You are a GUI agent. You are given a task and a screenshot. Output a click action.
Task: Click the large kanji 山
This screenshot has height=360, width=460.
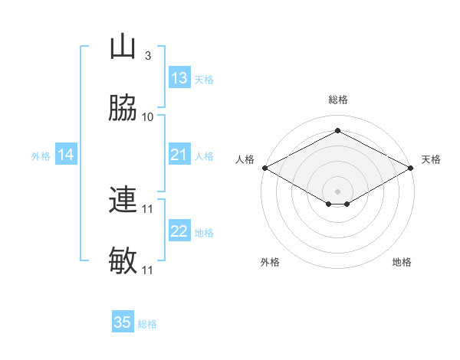pos(123,46)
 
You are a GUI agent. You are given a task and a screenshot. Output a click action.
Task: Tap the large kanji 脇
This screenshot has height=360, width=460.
pos(123,107)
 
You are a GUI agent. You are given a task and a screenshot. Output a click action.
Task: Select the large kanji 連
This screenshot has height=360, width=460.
pos(123,199)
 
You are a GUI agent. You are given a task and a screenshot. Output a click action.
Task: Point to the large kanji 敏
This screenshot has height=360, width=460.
pos(123,260)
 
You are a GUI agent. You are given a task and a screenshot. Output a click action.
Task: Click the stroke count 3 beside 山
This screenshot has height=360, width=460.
pos(148,56)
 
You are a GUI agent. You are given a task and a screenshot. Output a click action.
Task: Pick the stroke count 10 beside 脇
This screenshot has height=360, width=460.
pos(147,117)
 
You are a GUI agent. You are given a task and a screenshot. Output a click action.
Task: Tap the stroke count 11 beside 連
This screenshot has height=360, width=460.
pos(147,209)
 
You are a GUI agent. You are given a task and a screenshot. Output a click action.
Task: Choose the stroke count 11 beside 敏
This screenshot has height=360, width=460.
pos(147,270)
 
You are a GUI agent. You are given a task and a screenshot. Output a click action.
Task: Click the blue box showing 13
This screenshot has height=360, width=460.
pos(179,77)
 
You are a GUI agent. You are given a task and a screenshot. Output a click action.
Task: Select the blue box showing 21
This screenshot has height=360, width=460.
pos(179,154)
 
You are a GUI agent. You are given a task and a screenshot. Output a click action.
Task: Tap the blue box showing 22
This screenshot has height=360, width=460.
pos(179,230)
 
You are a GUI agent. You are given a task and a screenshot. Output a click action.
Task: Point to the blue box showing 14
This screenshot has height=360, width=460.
pos(66,154)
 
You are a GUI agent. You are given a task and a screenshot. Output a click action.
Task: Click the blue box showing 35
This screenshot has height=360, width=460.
pos(123,321)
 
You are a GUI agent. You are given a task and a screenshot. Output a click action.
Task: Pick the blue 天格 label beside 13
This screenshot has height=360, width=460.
pos(204,80)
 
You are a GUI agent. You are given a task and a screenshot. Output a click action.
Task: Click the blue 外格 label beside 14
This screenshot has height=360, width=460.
pos(41,156)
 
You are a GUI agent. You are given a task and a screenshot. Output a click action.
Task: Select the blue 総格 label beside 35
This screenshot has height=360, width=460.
pos(147,324)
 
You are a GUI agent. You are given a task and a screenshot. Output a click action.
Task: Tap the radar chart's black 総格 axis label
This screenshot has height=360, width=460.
pos(338,100)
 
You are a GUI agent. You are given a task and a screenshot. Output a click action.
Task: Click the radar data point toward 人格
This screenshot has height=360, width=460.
pos(265,168)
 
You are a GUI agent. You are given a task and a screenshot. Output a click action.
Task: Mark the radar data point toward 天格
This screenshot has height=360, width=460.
pos(411,168)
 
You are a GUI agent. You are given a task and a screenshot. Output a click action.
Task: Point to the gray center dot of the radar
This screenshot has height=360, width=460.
pos(337,191)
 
